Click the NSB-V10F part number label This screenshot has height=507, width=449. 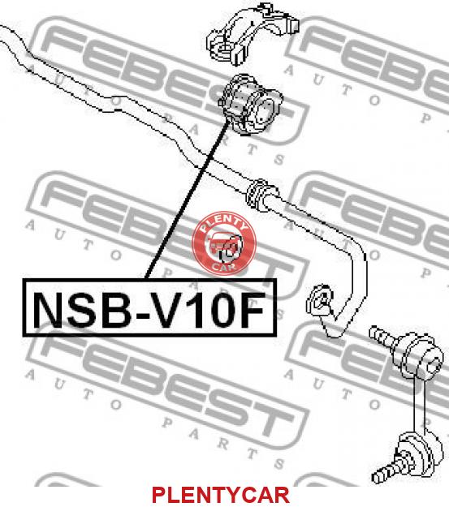tap(149, 307)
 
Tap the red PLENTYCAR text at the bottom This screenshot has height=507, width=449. tap(221, 495)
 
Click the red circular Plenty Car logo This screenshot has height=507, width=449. tap(224, 243)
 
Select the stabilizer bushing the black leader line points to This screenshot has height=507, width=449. tap(249, 103)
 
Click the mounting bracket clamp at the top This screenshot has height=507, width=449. tap(253, 33)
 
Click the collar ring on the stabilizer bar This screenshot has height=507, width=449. tap(260, 195)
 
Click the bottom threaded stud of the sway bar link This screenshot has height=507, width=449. tap(384, 472)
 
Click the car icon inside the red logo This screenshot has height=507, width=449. tap(224, 245)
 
